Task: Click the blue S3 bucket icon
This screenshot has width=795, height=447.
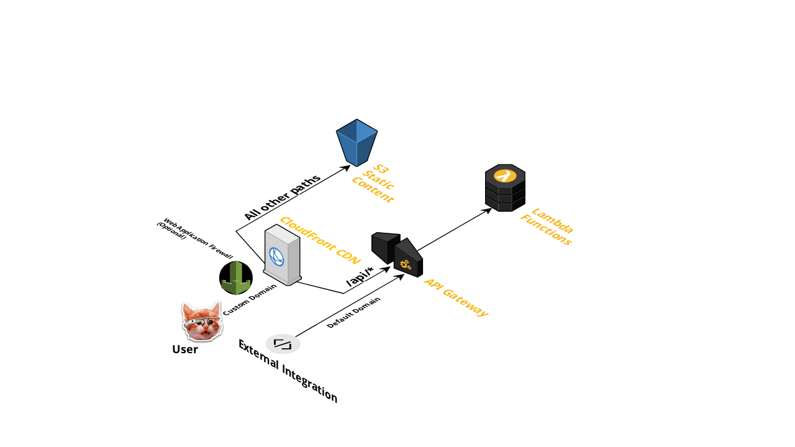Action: tap(357, 142)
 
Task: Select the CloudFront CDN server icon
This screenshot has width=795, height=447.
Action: tap(282, 255)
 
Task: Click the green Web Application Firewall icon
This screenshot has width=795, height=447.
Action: tap(236, 278)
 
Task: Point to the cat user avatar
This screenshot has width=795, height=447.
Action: tap(202, 320)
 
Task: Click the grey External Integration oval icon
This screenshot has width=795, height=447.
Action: tap(283, 343)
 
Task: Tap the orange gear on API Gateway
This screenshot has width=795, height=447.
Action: tap(406, 265)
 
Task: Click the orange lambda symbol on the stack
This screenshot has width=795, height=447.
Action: tap(505, 176)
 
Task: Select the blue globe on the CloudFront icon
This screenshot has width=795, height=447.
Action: tap(276, 256)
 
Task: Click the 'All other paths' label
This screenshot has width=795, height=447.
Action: tap(282, 197)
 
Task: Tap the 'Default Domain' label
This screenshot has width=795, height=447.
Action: tap(353, 312)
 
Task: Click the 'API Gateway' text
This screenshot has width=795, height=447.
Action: tap(456, 297)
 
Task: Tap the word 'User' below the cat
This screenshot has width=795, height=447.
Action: tap(185, 350)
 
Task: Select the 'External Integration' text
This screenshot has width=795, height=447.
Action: tap(288, 371)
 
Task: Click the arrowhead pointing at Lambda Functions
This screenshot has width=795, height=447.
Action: tap(488, 210)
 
